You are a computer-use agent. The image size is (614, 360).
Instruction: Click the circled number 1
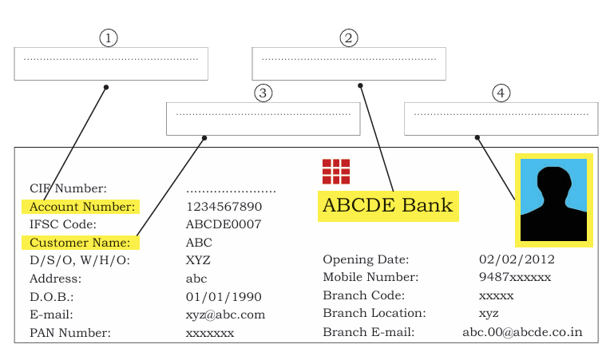click(109, 38)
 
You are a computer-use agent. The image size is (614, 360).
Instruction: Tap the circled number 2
click(348, 38)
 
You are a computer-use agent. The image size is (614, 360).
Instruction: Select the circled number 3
click(263, 93)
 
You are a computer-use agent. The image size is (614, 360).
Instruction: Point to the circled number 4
click(501, 93)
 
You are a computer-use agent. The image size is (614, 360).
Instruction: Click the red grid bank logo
click(336, 172)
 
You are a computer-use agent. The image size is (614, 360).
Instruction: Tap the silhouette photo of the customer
click(553, 200)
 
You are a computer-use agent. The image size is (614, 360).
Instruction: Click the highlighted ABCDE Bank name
click(388, 206)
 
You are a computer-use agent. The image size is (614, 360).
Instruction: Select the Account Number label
click(82, 207)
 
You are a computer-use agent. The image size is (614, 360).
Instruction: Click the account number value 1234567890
click(224, 207)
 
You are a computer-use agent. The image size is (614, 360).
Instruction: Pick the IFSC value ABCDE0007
click(224, 224)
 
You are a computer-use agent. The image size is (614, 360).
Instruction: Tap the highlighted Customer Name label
click(80, 243)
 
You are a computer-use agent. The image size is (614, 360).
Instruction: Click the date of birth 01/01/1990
click(224, 297)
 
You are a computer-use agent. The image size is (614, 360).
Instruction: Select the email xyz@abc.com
click(225, 315)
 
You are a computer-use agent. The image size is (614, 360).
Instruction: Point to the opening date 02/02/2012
click(517, 259)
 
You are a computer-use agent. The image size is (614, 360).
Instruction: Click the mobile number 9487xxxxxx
click(515, 277)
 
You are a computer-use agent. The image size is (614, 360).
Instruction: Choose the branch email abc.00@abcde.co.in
click(522, 332)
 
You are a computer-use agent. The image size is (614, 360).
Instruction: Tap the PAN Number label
click(70, 333)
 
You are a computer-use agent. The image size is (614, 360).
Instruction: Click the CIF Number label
click(68, 188)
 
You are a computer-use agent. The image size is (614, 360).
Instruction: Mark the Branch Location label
click(374, 313)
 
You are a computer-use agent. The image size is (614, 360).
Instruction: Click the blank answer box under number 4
click(501, 119)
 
